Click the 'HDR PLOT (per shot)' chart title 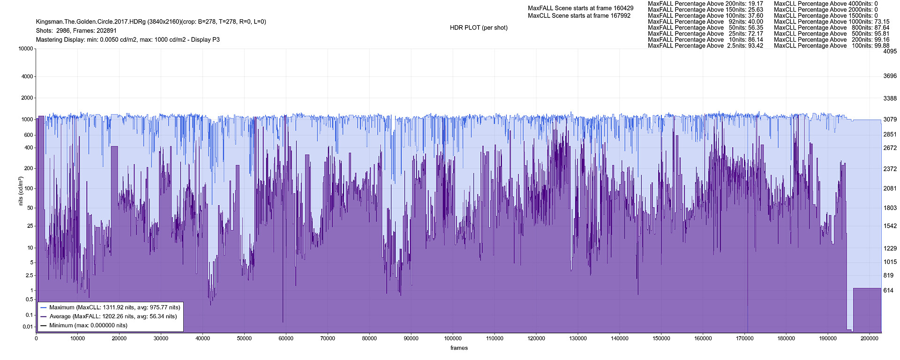[x=479, y=28]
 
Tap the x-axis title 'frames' [x=459, y=348]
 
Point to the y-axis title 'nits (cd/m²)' [x=21, y=191]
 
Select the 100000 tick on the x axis [x=453, y=338]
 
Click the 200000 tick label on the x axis [x=870, y=338]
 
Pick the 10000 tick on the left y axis [x=25, y=49]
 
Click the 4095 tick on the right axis [x=890, y=52]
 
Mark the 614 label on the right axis [x=888, y=291]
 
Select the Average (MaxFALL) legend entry [x=113, y=316]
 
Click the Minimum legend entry [x=88, y=325]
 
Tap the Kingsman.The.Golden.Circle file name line [x=151, y=22]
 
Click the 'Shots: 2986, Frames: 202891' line [x=76, y=30]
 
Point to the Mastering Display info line [x=127, y=40]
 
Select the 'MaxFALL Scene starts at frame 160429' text [x=580, y=8]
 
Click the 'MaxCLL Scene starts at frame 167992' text [x=579, y=15]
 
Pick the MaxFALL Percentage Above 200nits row [x=705, y=4]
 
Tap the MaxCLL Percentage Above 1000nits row [x=832, y=22]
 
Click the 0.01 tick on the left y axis [x=28, y=327]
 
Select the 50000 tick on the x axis [x=244, y=338]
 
